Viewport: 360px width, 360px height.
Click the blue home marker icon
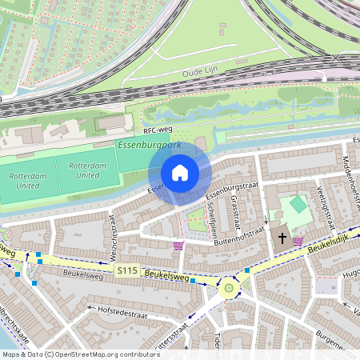[x=180, y=172]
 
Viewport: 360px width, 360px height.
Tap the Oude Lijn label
[x=200, y=72]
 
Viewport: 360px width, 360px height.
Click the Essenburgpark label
[x=149, y=146]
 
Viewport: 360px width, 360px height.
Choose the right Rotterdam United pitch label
[x=84, y=170]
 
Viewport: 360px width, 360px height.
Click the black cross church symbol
[x=282, y=238]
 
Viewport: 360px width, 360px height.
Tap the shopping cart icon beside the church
[x=298, y=242]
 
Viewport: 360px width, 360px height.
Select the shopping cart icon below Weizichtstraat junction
[x=178, y=246]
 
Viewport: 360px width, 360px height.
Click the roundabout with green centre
[x=230, y=286]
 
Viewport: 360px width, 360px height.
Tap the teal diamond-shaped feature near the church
[x=298, y=204]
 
